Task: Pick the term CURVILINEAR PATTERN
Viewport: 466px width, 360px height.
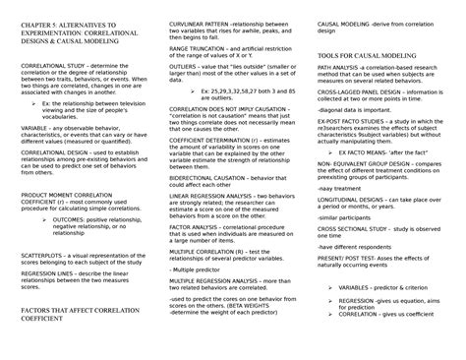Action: (x=203, y=21)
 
